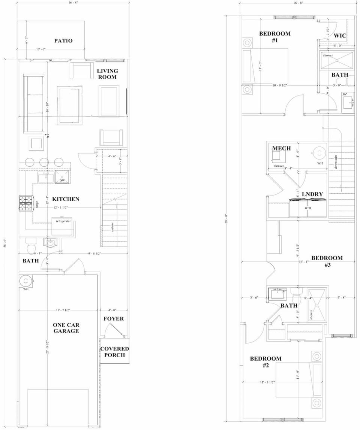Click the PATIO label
pyautogui.click(x=63, y=41)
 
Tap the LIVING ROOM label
pyautogui.click(x=107, y=74)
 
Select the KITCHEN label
pyautogui.click(x=66, y=199)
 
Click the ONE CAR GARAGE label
pyautogui.click(x=66, y=328)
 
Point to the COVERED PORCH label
pyautogui.click(x=114, y=351)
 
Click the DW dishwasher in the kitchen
pyautogui.click(x=62, y=181)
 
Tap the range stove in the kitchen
pyautogui.click(x=27, y=204)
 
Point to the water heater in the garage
pyautogui.click(x=25, y=281)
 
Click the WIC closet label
pyautogui.click(x=340, y=36)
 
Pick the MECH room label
pyautogui.click(x=281, y=149)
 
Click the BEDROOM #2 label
pyautogui.click(x=265, y=362)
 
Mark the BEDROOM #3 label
pyautogui.click(x=327, y=261)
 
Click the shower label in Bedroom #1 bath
pyautogui.click(x=328, y=55)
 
